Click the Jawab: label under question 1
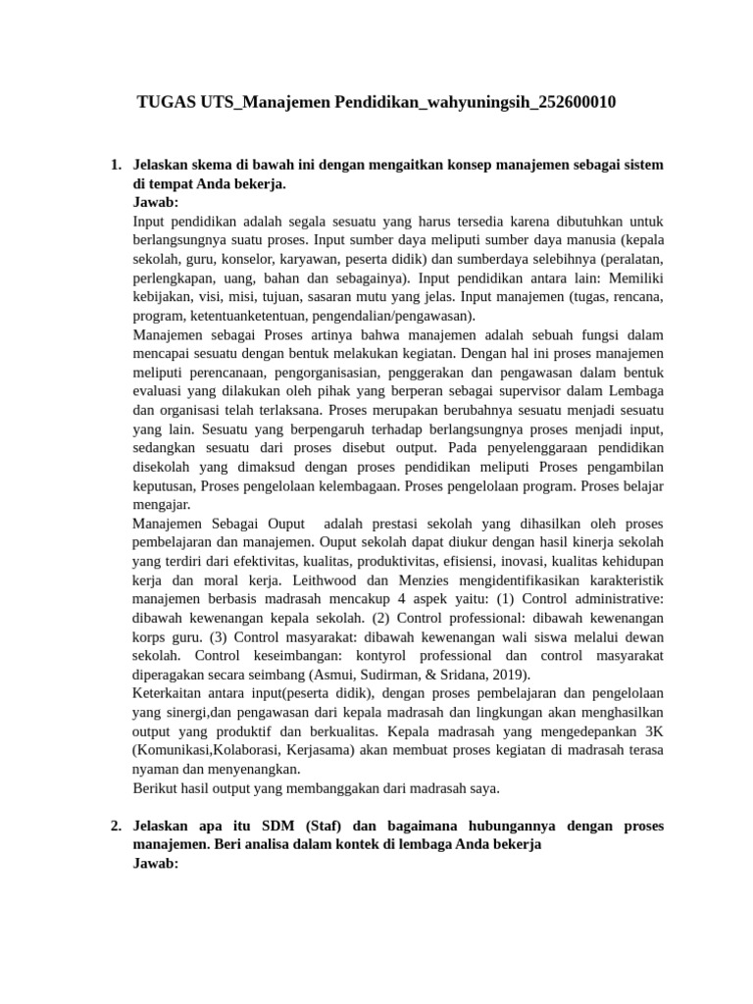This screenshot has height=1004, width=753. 155,202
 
